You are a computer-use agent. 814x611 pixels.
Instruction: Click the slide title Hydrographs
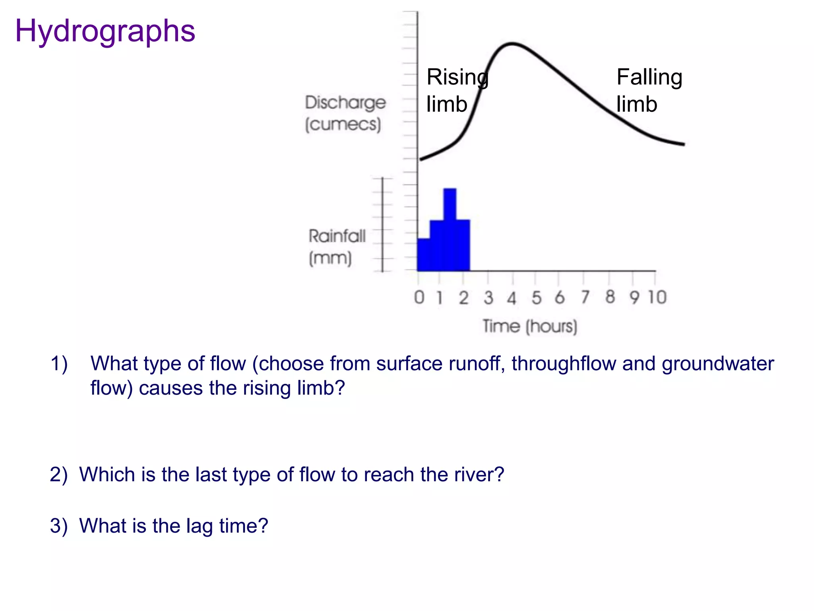coord(105,31)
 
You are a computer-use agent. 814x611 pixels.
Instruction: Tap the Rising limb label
coord(457,90)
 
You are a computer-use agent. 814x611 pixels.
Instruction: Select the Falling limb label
coord(649,90)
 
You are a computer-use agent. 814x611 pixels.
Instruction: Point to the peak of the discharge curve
coord(512,44)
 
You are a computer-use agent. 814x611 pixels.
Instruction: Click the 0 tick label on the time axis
coord(419,298)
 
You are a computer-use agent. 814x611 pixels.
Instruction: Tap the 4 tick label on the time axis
coord(512,298)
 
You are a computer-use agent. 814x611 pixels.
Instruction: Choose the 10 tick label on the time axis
coord(657,297)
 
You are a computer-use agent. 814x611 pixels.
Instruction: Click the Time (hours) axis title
coord(529,327)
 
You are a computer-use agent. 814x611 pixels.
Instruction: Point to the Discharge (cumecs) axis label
coord(345,113)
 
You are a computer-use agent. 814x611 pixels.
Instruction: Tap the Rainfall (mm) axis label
coord(336,247)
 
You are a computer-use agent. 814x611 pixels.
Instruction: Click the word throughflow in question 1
coord(564,364)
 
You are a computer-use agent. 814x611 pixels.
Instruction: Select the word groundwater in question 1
coord(718,364)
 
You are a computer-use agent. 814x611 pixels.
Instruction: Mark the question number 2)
coord(59,475)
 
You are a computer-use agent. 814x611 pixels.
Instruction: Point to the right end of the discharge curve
coord(683,144)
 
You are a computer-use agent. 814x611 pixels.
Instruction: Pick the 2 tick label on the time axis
coord(463,298)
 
